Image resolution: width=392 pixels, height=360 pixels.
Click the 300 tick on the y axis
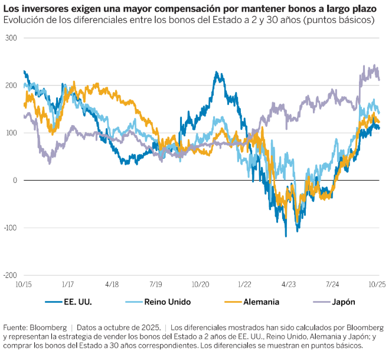(11, 38)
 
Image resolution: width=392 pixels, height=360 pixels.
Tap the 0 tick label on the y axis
(15, 180)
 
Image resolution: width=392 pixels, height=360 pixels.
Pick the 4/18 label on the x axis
(112, 284)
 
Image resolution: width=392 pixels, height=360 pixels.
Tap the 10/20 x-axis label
(201, 284)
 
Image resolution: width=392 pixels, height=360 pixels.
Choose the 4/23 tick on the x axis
(289, 284)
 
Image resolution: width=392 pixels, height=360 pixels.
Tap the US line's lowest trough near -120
(286, 236)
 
